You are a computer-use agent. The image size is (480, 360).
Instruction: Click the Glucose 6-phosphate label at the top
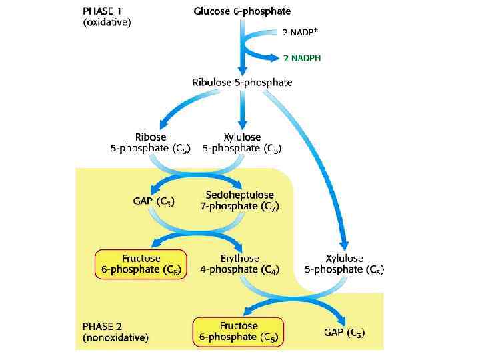point(242,11)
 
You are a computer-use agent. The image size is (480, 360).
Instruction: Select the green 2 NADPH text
point(302,58)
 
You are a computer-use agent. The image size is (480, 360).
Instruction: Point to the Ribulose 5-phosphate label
point(242,82)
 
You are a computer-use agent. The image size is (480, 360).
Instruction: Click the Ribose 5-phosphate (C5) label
point(150,143)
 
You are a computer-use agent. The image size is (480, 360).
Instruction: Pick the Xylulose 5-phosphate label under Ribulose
point(243,143)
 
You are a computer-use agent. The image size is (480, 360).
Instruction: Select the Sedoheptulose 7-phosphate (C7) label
point(239,201)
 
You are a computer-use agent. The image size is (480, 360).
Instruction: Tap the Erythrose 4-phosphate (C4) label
point(239,264)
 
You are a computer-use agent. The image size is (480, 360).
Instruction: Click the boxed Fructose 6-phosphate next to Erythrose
point(141,264)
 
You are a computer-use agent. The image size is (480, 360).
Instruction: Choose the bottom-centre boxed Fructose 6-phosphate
point(238,331)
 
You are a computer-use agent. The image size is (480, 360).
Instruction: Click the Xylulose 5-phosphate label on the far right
point(344,264)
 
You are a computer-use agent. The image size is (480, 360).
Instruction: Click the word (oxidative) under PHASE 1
point(107,23)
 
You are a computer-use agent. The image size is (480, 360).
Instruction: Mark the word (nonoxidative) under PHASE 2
point(115,338)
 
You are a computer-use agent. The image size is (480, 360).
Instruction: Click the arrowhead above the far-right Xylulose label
point(345,245)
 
